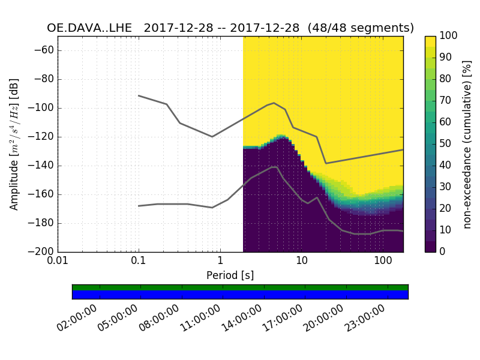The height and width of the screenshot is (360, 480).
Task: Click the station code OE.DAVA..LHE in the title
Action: tap(91, 28)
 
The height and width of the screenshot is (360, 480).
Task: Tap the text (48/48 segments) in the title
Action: tap(367, 28)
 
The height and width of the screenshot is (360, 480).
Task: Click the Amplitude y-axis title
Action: tap(14, 144)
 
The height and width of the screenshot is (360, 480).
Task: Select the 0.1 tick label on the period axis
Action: tap(139, 262)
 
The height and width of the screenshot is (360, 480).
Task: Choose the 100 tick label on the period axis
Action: tap(383, 262)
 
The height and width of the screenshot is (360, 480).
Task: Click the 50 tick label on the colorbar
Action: tap(447, 144)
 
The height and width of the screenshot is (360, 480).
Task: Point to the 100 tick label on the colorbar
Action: tap(449, 36)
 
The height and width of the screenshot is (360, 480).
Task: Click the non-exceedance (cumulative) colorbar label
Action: tap(467, 144)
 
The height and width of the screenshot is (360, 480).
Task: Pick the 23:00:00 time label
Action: tap(364, 319)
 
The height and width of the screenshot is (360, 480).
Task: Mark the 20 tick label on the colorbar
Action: tap(447, 209)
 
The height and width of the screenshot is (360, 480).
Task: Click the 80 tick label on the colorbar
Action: tap(447, 79)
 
